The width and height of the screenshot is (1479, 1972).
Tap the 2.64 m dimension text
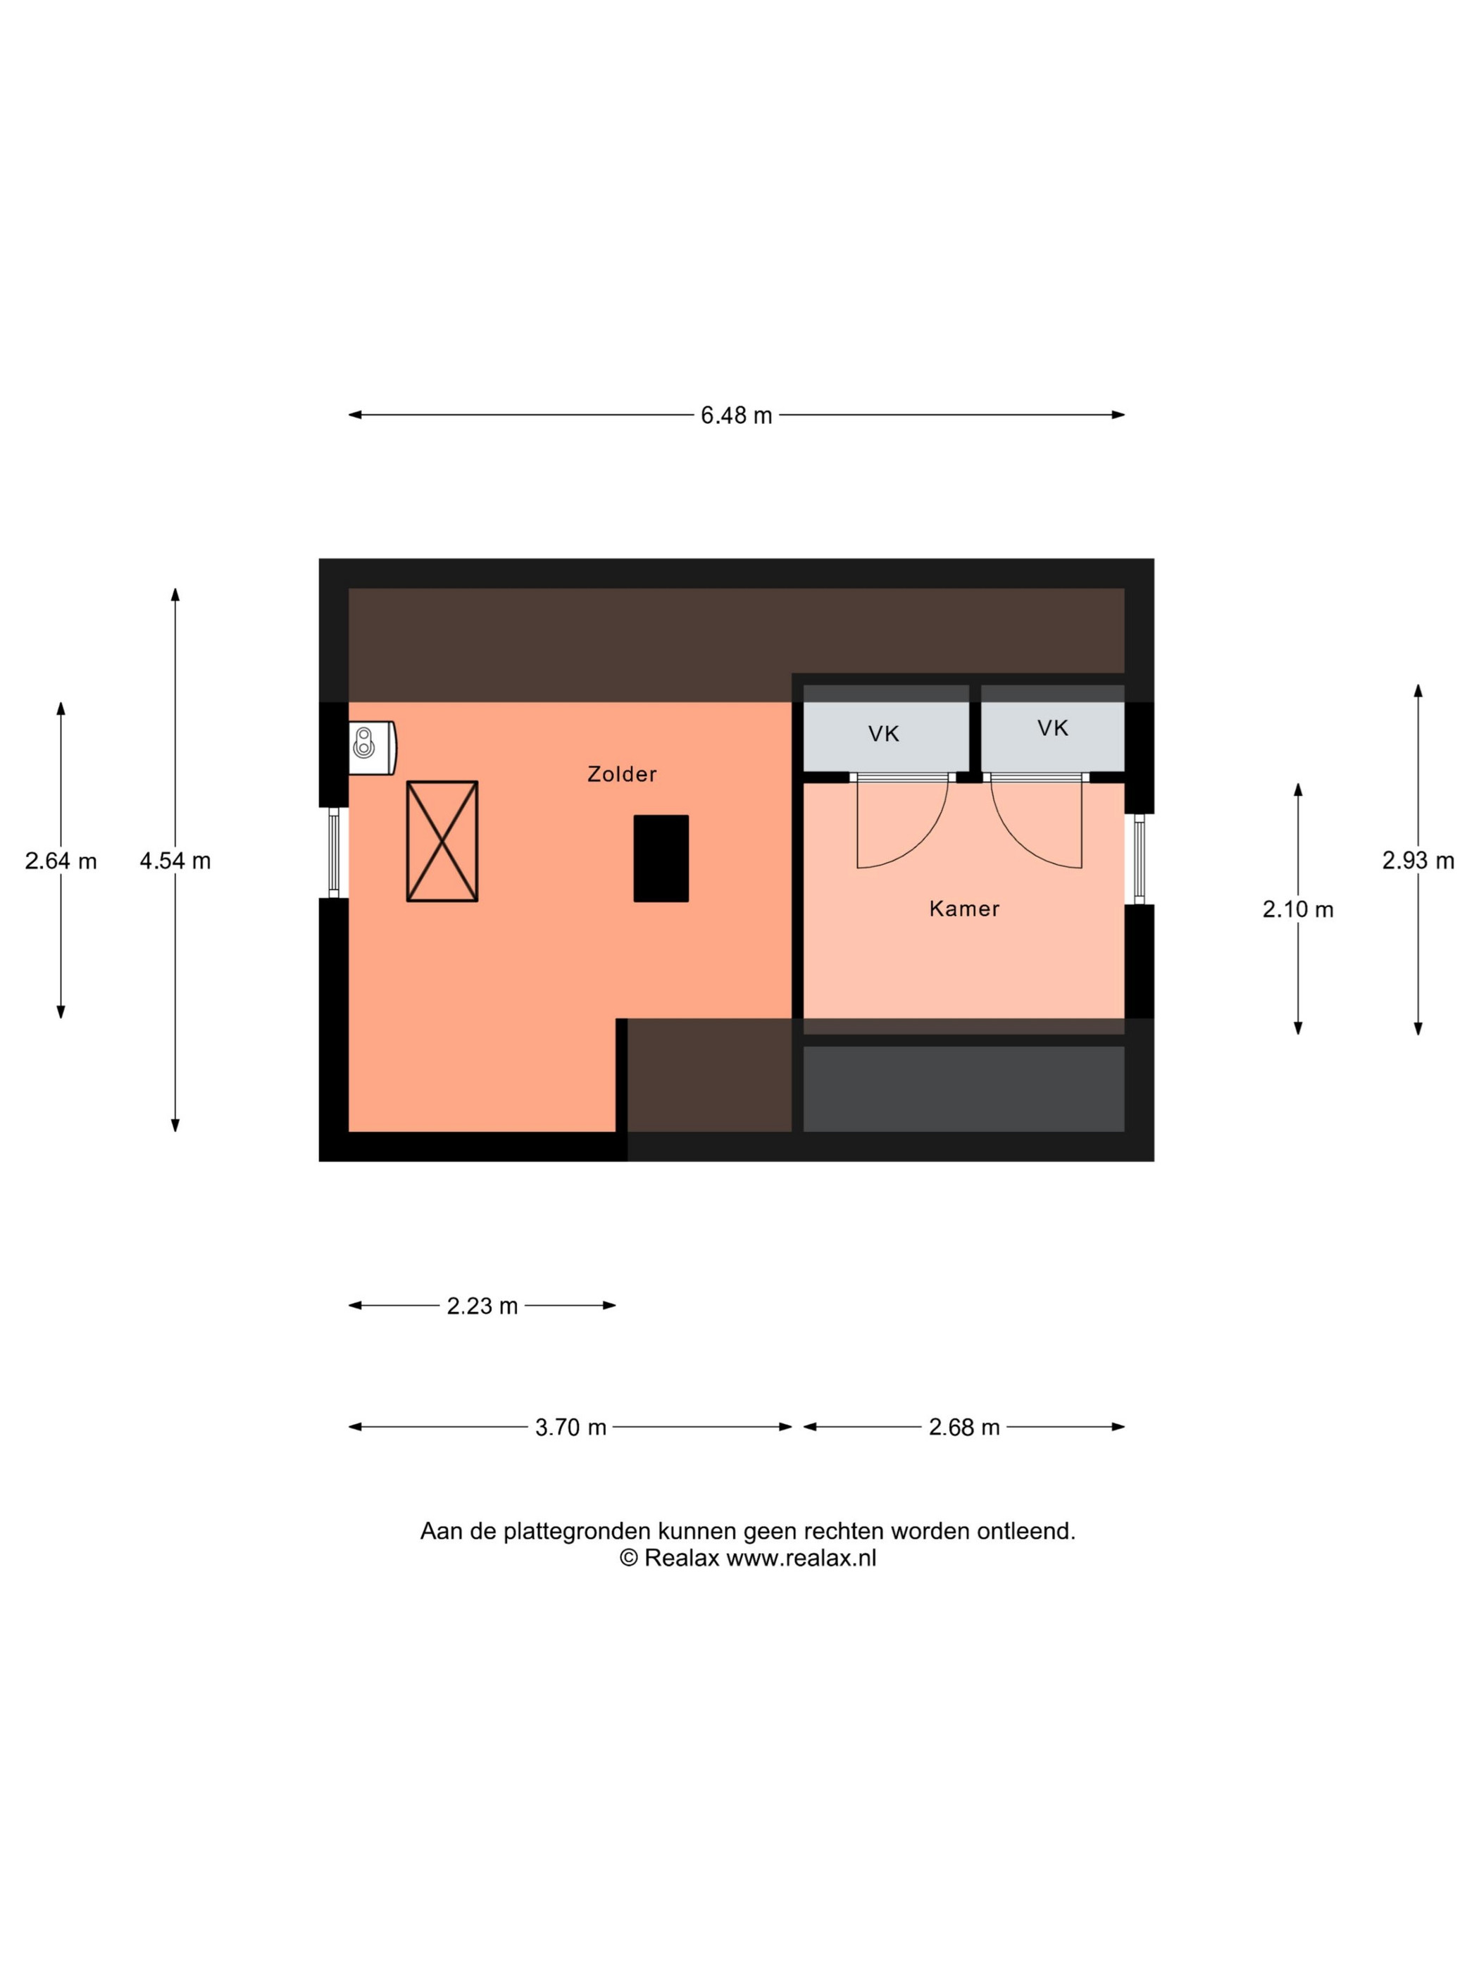61,861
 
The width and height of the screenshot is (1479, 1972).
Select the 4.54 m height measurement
175,861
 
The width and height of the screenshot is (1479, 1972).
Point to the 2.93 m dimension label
1418,861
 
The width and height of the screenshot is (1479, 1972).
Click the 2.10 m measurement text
1297,909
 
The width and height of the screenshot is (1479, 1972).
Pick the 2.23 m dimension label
482,1306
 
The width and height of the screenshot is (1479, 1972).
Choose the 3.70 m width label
570,1428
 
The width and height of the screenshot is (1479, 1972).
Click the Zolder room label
621,774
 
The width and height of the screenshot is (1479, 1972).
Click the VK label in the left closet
883,734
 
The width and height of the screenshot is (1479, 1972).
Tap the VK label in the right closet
1052,728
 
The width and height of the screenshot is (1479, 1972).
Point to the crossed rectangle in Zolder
442,842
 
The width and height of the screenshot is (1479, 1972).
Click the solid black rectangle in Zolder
661,859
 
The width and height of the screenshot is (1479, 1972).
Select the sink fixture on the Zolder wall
372,747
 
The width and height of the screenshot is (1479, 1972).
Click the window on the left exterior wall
333,854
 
